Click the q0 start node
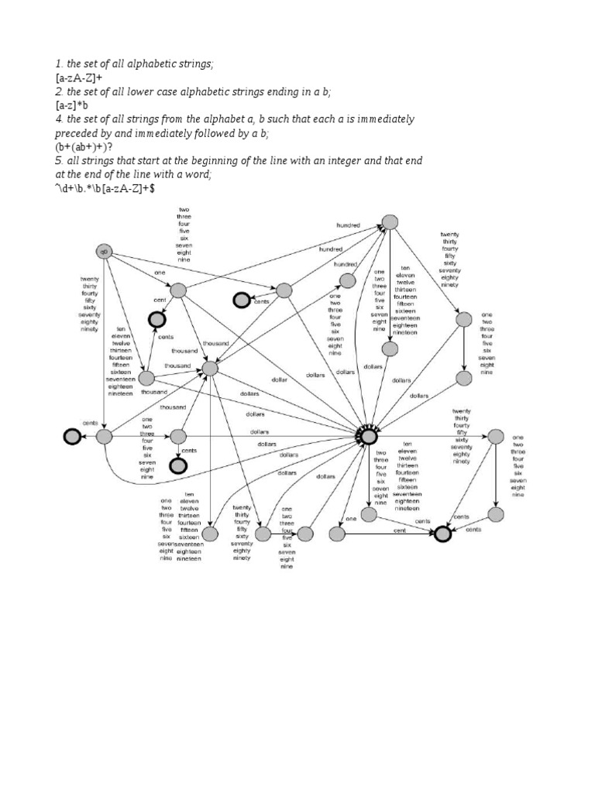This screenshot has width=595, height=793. (104, 252)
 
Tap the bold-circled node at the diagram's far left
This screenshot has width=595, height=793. (72, 438)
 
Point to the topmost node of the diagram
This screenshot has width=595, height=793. (391, 222)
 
